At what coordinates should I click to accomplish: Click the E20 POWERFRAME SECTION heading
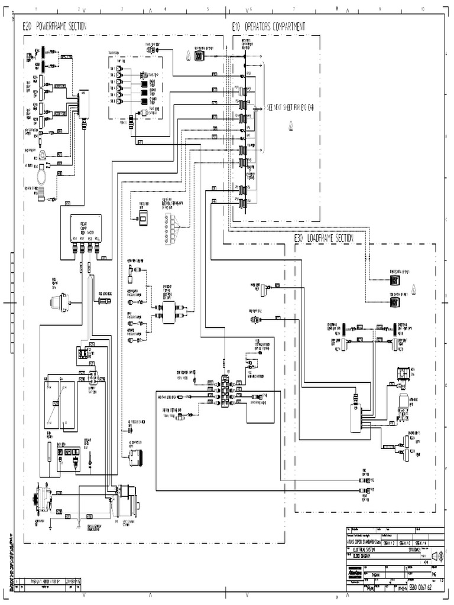point(54,27)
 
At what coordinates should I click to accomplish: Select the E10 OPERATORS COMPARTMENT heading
point(269,27)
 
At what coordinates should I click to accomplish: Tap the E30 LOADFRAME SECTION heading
point(324,238)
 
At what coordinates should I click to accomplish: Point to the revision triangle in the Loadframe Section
point(414,289)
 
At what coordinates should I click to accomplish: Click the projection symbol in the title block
point(437,557)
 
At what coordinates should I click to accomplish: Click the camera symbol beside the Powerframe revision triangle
point(199,56)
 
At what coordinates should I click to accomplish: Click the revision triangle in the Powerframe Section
point(187,55)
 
